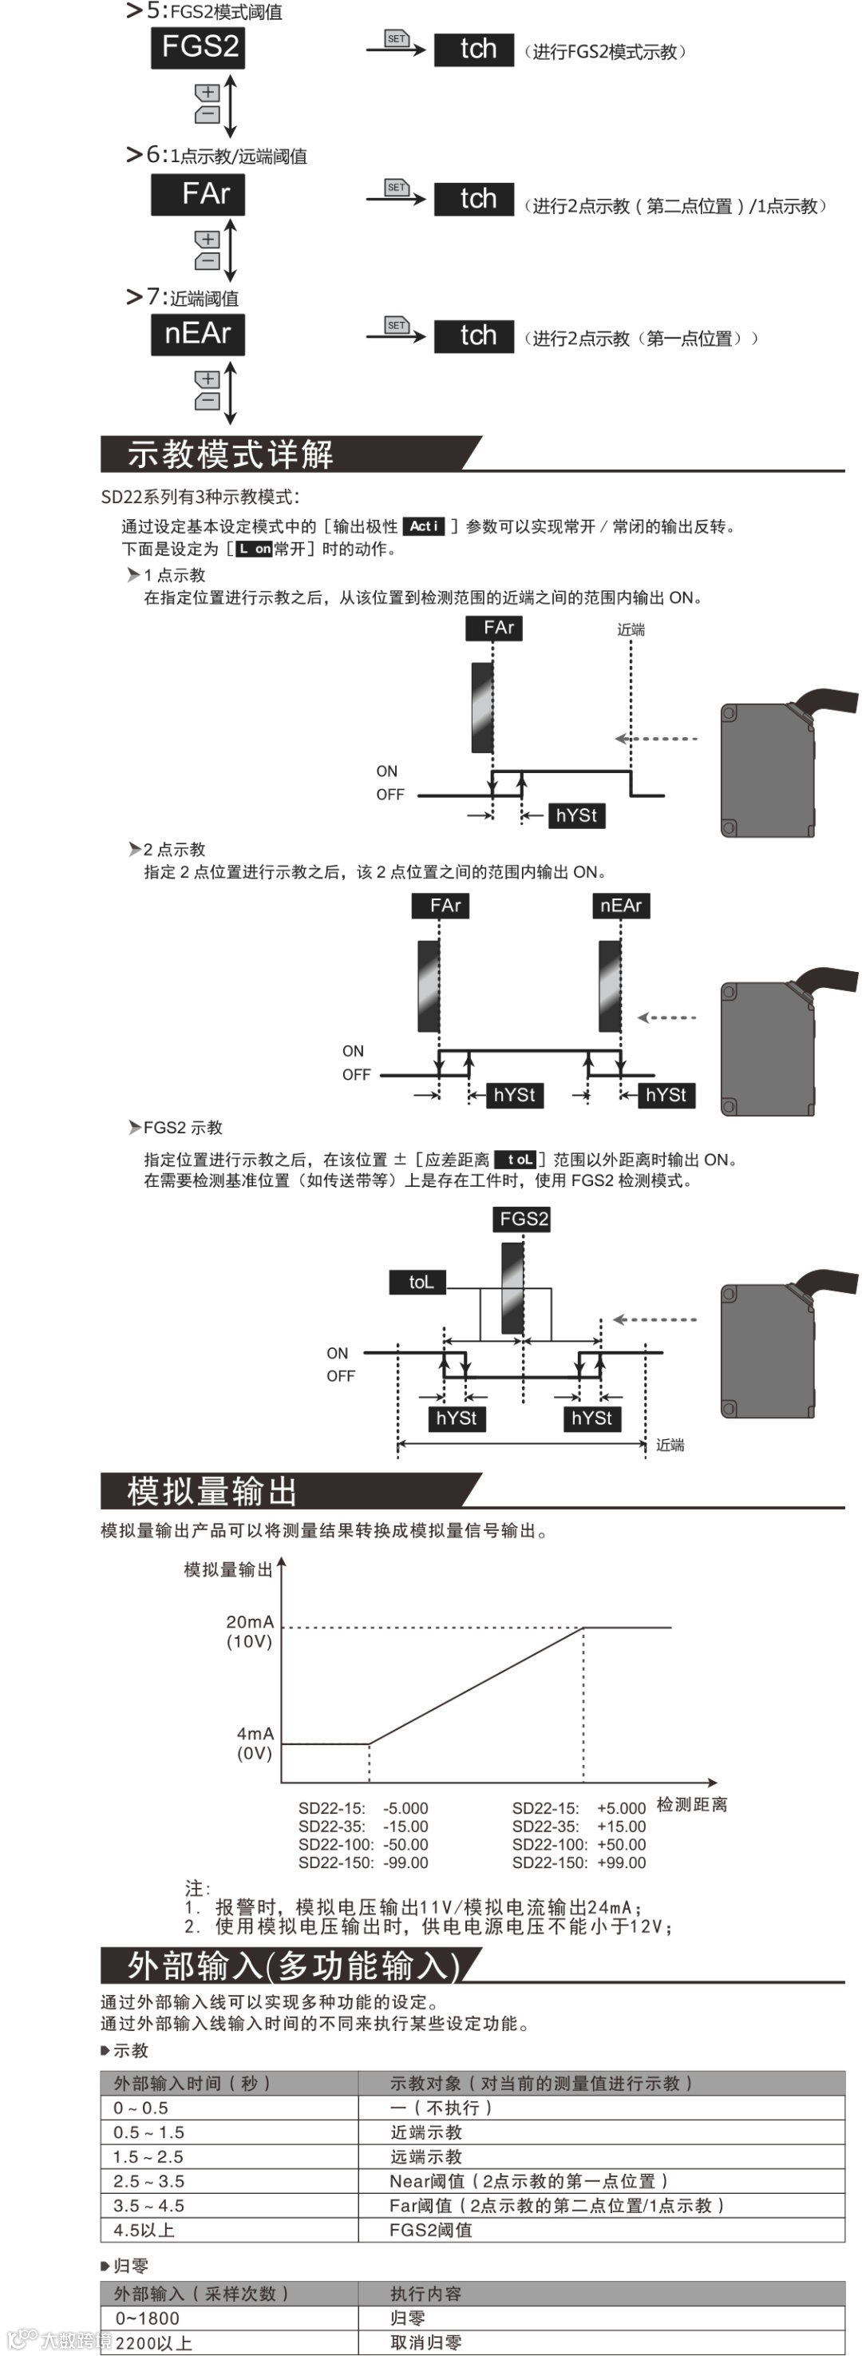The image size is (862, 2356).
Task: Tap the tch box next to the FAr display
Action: click(x=473, y=199)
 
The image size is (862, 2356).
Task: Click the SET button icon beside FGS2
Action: click(x=396, y=39)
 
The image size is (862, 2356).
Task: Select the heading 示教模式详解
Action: click(x=231, y=454)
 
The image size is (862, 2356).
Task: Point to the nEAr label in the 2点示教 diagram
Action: click(x=621, y=906)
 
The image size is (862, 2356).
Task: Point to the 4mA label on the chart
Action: click(x=255, y=1733)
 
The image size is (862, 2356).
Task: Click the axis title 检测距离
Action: click(x=692, y=1804)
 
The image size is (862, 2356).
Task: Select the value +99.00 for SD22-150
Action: click(x=621, y=1863)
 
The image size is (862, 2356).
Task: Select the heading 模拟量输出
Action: click(x=212, y=1492)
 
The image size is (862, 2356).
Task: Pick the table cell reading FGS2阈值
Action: click(x=430, y=2230)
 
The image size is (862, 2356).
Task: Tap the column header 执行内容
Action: click(x=426, y=2293)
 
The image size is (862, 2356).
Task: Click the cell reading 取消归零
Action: click(x=426, y=2342)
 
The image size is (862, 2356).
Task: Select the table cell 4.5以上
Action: click(x=144, y=2230)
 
